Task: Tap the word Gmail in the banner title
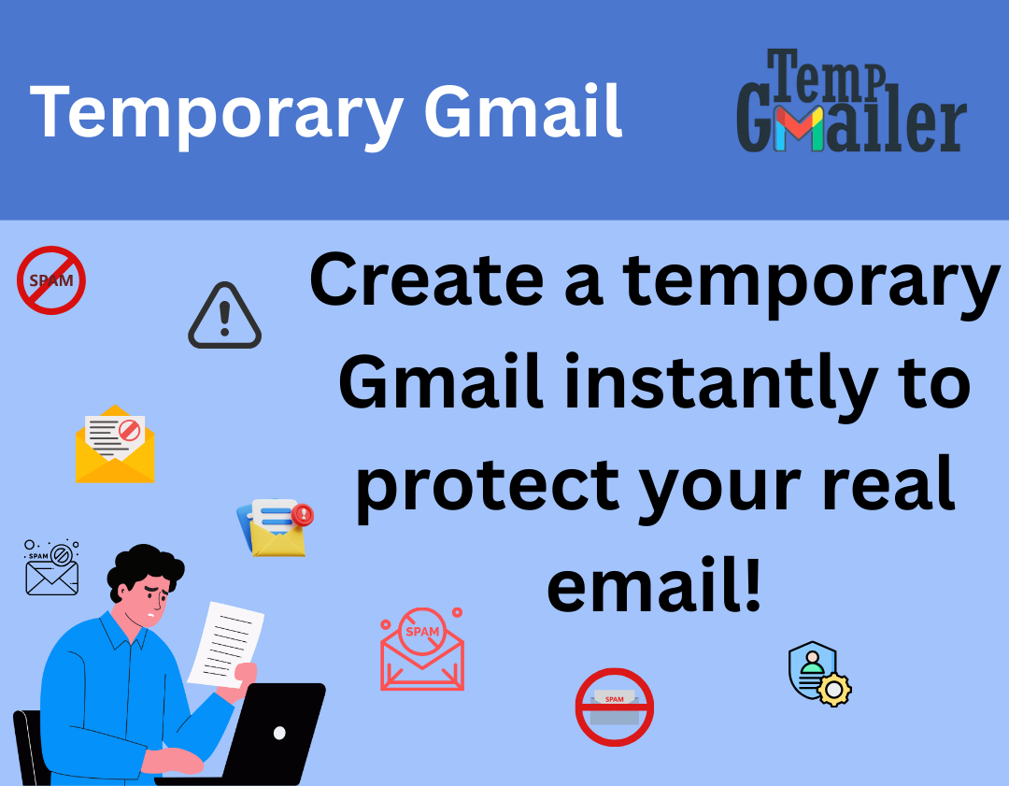523,110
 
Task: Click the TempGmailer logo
850,101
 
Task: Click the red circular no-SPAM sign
51,279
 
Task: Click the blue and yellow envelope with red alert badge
276,527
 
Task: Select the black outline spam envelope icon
52,567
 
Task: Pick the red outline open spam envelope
422,650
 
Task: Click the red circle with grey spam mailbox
614,707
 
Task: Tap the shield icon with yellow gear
818,673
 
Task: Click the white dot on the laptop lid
279,733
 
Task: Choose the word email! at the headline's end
654,587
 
